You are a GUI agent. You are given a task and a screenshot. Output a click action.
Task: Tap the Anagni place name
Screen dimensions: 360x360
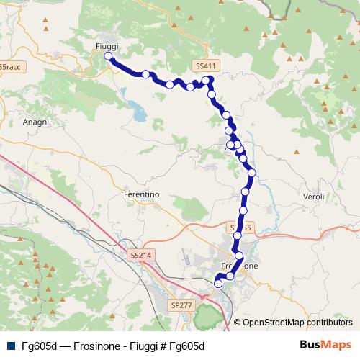click(36, 122)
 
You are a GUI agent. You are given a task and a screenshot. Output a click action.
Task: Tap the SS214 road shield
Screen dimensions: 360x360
click(142, 256)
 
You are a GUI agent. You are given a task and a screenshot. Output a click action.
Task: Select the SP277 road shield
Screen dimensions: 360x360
click(182, 306)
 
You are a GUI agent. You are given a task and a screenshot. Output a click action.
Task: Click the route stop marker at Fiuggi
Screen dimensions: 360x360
click(108, 56)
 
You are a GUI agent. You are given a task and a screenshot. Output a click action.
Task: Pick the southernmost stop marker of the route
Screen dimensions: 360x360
click(218, 284)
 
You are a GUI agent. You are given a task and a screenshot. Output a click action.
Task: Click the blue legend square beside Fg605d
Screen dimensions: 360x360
click(9, 346)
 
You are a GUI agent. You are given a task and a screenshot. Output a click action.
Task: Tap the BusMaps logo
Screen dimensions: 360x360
click(325, 345)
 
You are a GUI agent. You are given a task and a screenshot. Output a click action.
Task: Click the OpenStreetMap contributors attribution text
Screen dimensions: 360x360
click(297, 323)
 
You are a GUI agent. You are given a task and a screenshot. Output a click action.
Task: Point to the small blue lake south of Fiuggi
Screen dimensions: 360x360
click(135, 110)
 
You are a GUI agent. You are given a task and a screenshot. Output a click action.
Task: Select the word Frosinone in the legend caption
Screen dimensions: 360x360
click(94, 346)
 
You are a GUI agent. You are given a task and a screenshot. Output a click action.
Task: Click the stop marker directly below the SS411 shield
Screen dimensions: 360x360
click(207, 80)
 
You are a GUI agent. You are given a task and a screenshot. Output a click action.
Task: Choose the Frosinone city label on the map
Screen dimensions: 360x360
click(245, 266)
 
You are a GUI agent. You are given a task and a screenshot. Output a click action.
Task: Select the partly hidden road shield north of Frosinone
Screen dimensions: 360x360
click(242, 227)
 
